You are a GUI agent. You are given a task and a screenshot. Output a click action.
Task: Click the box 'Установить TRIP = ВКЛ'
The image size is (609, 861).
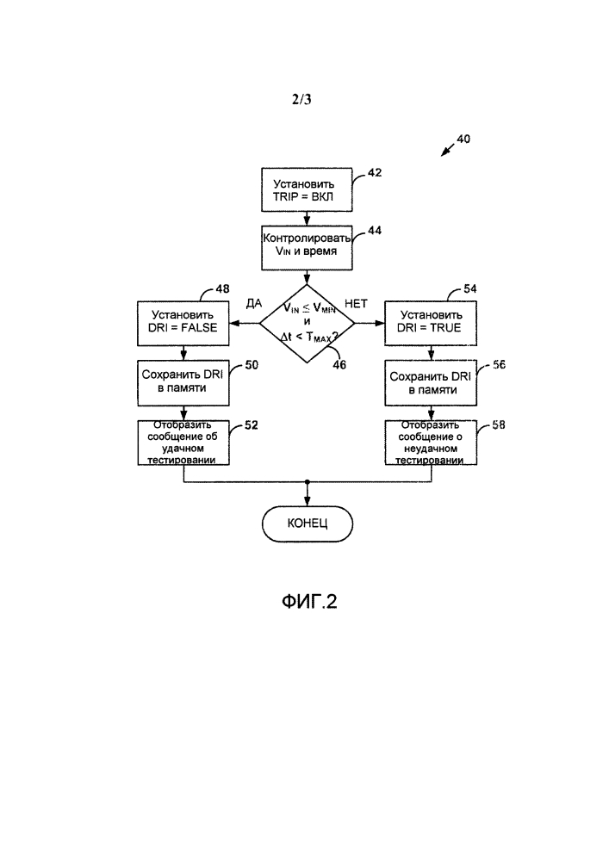307,189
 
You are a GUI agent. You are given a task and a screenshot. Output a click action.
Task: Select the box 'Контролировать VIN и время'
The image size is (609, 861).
307,248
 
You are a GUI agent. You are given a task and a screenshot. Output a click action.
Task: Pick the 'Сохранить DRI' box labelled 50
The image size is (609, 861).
183,382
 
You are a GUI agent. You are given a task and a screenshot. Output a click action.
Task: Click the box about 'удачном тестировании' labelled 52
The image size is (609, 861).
183,442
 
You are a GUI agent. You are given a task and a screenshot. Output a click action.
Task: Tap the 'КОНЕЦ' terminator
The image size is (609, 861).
308,523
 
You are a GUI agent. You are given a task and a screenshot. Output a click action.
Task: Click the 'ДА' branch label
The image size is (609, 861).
253,304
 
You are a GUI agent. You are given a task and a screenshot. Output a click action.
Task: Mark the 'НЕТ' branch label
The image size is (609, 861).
357,304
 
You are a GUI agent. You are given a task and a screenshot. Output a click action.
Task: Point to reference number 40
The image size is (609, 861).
463,139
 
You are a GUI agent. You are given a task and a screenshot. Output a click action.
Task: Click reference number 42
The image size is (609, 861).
376,172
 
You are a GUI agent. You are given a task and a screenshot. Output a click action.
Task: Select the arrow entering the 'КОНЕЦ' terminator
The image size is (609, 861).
308,496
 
